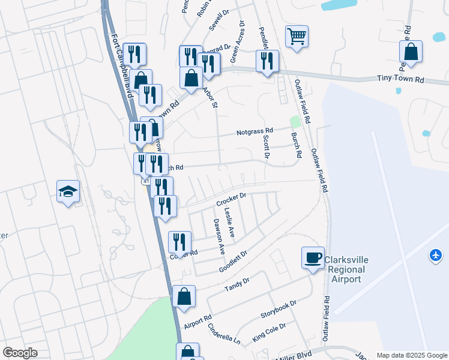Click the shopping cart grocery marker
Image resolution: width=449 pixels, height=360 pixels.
pyautogui.click(x=297, y=37)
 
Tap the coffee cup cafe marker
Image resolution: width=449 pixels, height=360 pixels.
pyautogui.click(x=313, y=258)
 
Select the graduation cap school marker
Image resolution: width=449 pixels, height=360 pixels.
pyautogui.click(x=68, y=191)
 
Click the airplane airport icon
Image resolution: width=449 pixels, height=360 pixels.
pyautogui.click(x=436, y=256)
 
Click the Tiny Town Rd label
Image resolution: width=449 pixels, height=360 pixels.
pyautogui.click(x=400, y=79)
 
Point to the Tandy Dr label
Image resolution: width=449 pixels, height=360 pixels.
pyautogui.click(x=237, y=284)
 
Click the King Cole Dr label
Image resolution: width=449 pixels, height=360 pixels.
pyautogui.click(x=269, y=332)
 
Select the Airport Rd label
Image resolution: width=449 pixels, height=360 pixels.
pyautogui.click(x=198, y=322)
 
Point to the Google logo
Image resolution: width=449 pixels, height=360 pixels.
pyautogui.click(x=19, y=353)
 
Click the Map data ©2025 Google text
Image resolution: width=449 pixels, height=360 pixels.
pyautogui.click(x=411, y=355)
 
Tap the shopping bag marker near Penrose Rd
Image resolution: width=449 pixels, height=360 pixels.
pyautogui.click(x=411, y=53)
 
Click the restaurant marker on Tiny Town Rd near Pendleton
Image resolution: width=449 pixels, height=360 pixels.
pyautogui.click(x=267, y=61)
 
